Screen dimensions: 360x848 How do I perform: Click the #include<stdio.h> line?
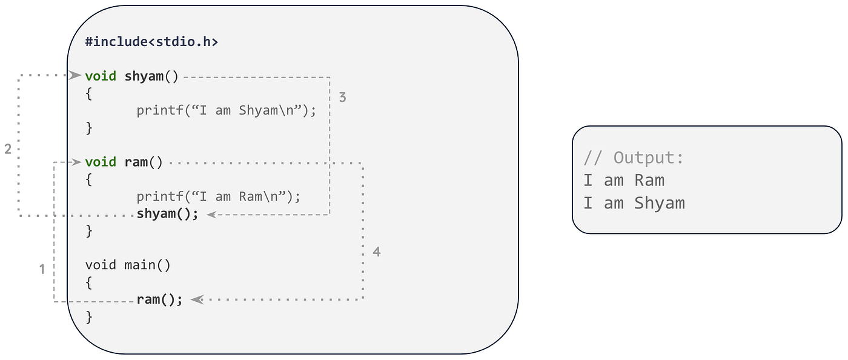[151, 42]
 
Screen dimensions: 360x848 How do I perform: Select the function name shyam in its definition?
[144, 76]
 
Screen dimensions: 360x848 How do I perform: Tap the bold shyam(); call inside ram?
[167, 214]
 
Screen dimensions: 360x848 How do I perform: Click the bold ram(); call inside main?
[159, 299]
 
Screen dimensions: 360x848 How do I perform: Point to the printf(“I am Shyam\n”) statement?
[226, 111]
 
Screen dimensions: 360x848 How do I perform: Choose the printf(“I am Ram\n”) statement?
[218, 196]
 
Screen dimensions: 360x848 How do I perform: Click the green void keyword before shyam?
[101, 76]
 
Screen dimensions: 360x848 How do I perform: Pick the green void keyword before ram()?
[101, 162]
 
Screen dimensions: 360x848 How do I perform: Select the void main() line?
[128, 265]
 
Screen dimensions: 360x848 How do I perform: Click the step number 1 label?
[42, 269]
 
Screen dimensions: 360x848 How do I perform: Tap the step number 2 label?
[8, 149]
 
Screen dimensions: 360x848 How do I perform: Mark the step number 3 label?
[342, 97]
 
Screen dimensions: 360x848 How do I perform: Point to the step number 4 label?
[377, 252]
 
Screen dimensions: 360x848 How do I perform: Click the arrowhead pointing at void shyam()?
[75, 76]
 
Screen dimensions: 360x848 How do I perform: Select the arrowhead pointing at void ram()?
[76, 162]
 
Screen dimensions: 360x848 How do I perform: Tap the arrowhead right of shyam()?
[211, 214]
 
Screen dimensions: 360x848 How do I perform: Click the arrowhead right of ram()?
[197, 299]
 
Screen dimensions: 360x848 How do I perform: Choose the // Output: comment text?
[634, 158]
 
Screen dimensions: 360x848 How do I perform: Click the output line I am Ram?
[624, 180]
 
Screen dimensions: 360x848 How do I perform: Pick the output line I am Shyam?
[634, 203]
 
